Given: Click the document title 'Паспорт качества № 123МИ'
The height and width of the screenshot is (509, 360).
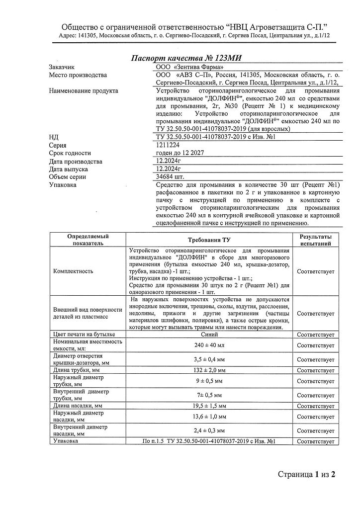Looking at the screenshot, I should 186,58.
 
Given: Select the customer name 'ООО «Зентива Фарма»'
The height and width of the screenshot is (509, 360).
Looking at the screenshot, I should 186,67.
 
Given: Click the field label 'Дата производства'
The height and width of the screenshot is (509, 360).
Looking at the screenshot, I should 76,162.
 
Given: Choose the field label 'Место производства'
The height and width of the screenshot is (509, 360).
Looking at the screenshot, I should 78,76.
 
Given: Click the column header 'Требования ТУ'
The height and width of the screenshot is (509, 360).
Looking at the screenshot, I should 208,240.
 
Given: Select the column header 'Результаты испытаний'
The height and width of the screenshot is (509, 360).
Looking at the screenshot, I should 315,240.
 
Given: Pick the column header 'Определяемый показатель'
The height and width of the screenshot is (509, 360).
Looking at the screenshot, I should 88,240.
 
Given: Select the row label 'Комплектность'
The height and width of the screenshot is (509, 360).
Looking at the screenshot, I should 73,271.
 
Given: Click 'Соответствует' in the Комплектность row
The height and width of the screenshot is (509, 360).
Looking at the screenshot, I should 315,271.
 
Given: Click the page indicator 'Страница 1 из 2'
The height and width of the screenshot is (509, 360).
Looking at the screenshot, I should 307,474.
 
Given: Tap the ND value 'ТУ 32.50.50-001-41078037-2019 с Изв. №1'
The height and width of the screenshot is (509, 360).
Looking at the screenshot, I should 216,137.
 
